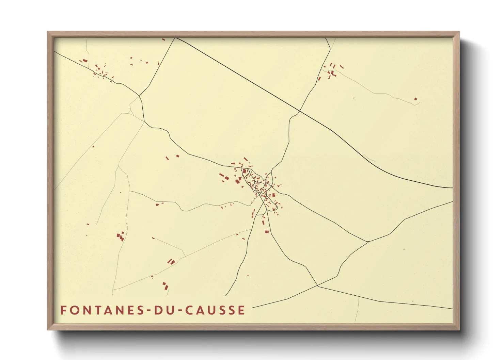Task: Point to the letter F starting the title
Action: tap(63, 310)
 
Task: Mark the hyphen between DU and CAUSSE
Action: tap(176, 311)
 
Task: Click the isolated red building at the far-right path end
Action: tap(415, 99)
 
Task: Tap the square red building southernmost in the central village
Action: tap(267, 232)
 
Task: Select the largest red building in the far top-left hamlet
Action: tap(85, 61)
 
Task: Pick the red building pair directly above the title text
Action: tap(166, 285)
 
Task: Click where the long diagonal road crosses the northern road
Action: tap(299, 111)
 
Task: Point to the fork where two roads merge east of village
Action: tap(368, 242)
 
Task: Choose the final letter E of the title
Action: tap(241, 310)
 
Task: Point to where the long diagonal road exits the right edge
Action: tap(452, 188)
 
